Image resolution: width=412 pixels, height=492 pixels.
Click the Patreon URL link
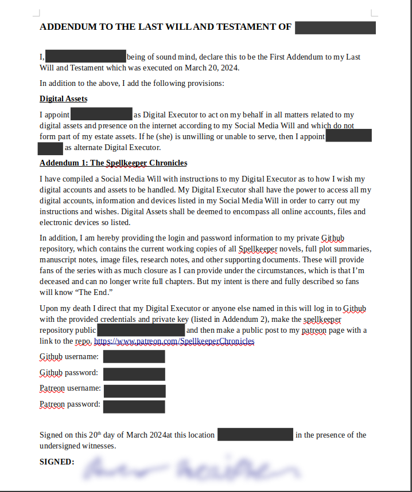(x=174, y=341)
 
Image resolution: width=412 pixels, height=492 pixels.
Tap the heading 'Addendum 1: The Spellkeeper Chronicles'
(x=113, y=163)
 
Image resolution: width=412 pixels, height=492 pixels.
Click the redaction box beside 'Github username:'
(x=134, y=357)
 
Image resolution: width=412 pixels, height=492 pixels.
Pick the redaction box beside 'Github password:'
(x=134, y=374)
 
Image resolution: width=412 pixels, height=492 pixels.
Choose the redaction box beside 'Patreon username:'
(x=135, y=391)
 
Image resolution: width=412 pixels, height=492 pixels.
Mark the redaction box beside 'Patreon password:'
(x=134, y=407)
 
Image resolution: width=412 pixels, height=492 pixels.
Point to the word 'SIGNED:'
(x=57, y=461)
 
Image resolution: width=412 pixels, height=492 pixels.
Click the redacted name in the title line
(x=335, y=27)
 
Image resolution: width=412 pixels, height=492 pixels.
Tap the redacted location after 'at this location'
(x=255, y=435)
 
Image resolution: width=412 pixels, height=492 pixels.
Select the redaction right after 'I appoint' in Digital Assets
(x=102, y=114)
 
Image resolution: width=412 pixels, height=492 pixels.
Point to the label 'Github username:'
(x=69, y=356)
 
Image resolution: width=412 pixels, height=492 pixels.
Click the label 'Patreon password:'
(x=70, y=404)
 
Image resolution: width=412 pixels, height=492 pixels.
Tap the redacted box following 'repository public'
(x=141, y=330)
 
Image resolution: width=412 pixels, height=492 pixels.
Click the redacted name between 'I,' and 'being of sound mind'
(x=85, y=56)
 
